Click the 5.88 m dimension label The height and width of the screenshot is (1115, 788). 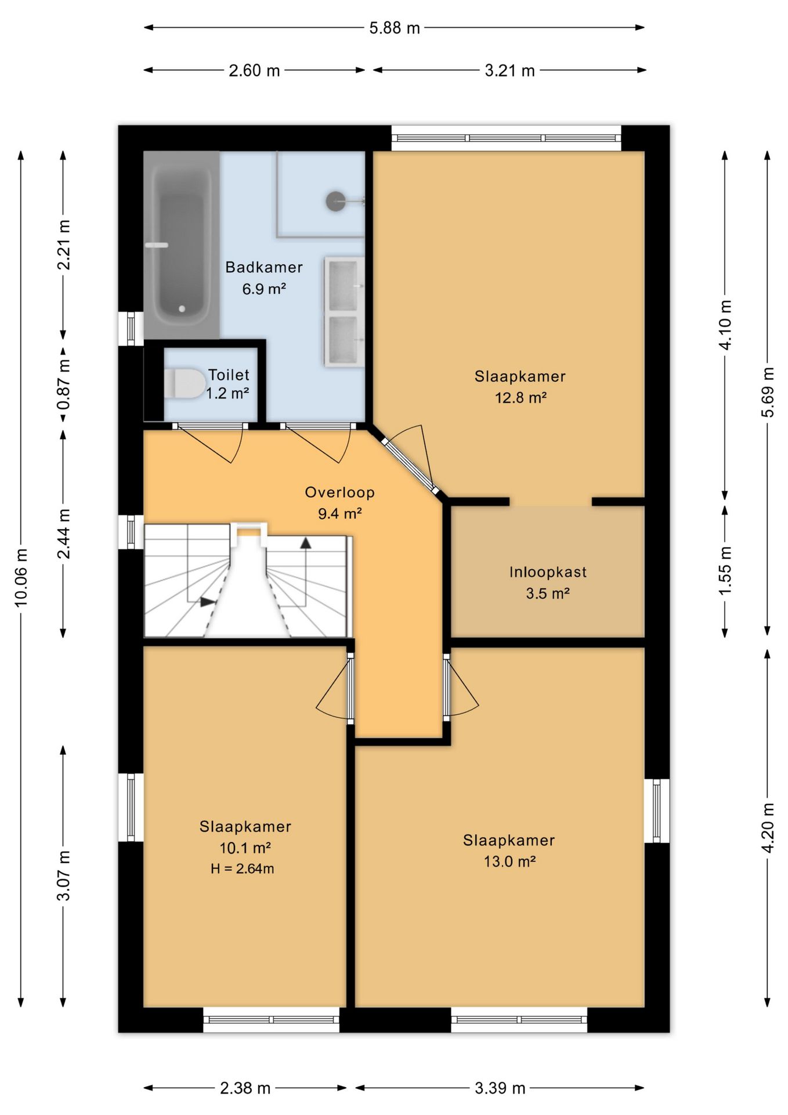(x=395, y=28)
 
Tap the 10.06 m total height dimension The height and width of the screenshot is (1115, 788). (x=21, y=578)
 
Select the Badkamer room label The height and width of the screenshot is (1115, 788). (x=264, y=267)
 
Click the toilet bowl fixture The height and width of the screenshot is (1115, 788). (x=185, y=383)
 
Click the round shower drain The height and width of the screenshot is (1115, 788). (x=335, y=201)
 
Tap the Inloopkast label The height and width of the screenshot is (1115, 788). (x=548, y=572)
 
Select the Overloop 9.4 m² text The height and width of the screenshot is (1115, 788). (x=340, y=503)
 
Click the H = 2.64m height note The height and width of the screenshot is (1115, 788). (x=243, y=869)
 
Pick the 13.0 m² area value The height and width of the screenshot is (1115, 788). (x=509, y=861)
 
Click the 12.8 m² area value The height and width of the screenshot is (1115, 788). (x=520, y=398)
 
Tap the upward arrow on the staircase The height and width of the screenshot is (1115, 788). (x=305, y=542)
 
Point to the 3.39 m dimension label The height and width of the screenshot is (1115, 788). (x=500, y=1088)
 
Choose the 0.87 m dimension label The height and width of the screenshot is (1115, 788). (x=64, y=383)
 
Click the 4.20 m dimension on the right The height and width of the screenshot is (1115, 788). (x=767, y=828)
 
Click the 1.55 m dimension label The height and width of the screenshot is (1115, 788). (x=725, y=570)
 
